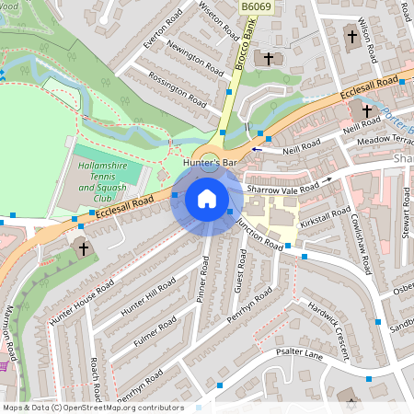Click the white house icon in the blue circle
pyautogui.click(x=207, y=199)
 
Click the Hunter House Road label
pyautogui.click(x=82, y=302)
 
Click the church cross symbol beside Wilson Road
pyautogui.click(x=351, y=38)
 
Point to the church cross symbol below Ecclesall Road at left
pyautogui.click(x=83, y=248)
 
